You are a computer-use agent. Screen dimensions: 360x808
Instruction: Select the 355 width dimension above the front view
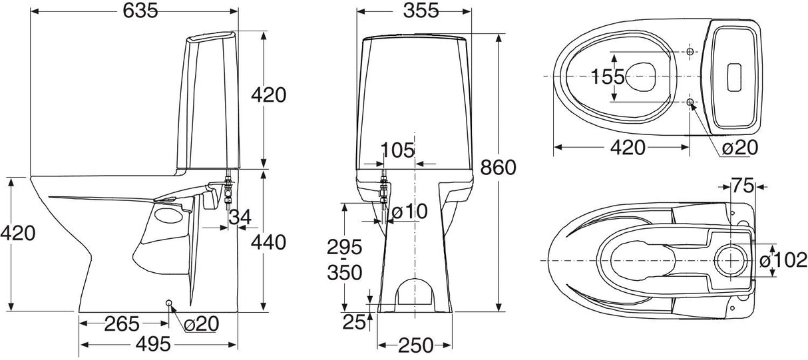[x=414, y=11]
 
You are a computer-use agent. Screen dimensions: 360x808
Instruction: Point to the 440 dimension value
[x=268, y=242]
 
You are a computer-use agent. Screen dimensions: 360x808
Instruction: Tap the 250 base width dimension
[x=415, y=345]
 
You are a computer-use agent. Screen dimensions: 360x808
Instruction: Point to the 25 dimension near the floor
[x=354, y=322]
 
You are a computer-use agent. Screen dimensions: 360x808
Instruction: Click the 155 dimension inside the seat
[x=608, y=77]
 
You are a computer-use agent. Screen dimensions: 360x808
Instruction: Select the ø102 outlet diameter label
[x=783, y=260]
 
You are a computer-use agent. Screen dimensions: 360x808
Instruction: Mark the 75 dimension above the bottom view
[x=743, y=186]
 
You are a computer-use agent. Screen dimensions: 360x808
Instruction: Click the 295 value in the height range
[x=344, y=248]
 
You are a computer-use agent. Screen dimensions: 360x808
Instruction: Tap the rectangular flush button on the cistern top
[x=735, y=77]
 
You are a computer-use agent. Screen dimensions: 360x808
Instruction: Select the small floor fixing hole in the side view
[x=168, y=304]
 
